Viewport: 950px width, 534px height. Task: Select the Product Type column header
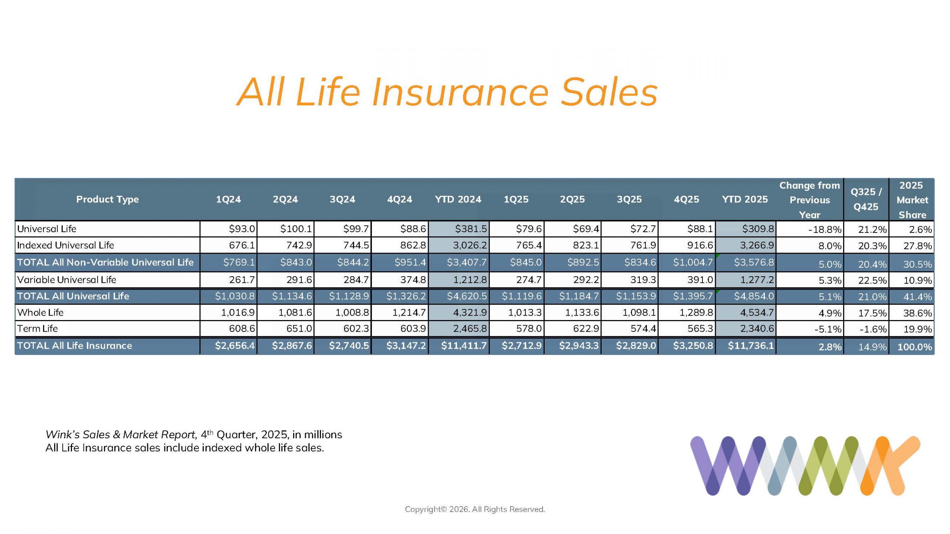[107, 200]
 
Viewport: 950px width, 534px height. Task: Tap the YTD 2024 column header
[458, 200]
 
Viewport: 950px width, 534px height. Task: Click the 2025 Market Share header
[911, 200]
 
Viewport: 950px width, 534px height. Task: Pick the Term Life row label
[37, 329]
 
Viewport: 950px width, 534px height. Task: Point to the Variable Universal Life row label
[67, 280]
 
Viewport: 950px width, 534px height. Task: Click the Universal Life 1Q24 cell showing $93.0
[242, 229]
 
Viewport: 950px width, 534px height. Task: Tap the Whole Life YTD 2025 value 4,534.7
[757, 313]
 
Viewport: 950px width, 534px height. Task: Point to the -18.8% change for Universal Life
[825, 230]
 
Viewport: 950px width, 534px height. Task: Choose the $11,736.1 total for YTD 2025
[751, 346]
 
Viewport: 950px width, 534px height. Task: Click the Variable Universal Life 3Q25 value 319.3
[643, 280]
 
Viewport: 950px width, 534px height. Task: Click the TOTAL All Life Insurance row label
[75, 346]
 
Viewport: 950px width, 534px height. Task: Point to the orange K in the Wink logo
[891, 465]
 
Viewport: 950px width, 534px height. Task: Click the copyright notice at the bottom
[475, 510]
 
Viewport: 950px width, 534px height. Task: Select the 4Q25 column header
[686, 200]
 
